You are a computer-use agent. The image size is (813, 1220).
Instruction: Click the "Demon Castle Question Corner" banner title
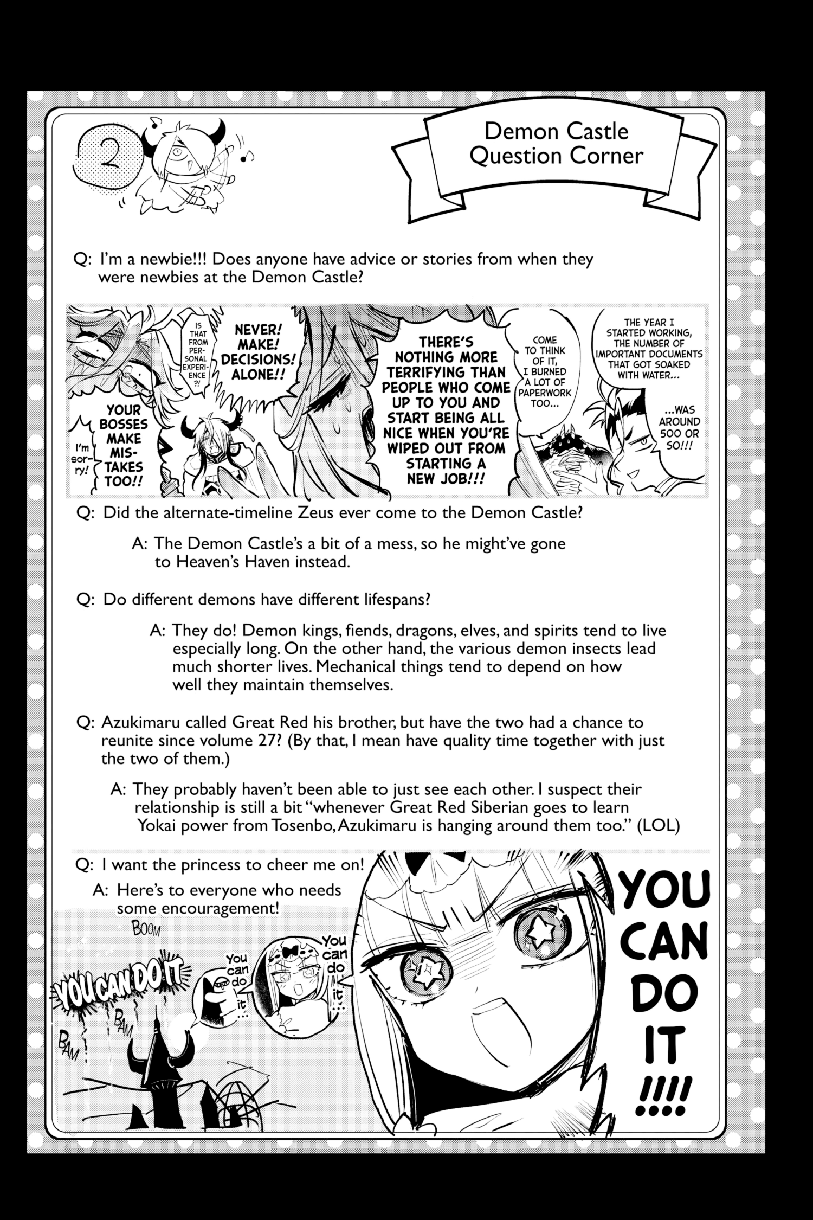(557, 143)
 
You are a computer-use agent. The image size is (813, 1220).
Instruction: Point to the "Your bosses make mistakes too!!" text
(124, 446)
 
